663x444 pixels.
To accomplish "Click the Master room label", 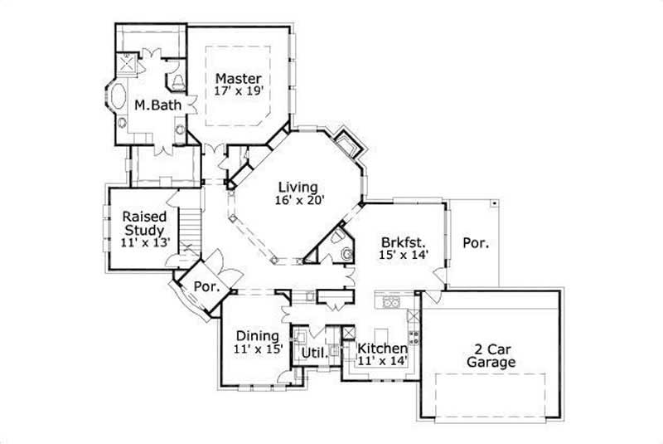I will [x=239, y=79].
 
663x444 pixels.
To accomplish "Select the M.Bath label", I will [x=152, y=105].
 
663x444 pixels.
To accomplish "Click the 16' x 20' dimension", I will [x=299, y=199].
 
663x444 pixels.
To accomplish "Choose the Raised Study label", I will [x=144, y=222].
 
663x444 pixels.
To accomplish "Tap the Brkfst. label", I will [x=404, y=242].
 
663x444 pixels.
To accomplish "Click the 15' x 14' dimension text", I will [x=404, y=256].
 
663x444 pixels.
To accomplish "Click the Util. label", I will [x=313, y=353].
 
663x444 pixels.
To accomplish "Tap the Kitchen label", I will [x=382, y=348].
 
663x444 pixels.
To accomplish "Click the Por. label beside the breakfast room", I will [x=476, y=244].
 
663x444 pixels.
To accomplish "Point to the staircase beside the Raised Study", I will [x=191, y=227].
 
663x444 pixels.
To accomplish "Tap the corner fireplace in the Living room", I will [x=346, y=143].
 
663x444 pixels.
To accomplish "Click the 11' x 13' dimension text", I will [x=146, y=243].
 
